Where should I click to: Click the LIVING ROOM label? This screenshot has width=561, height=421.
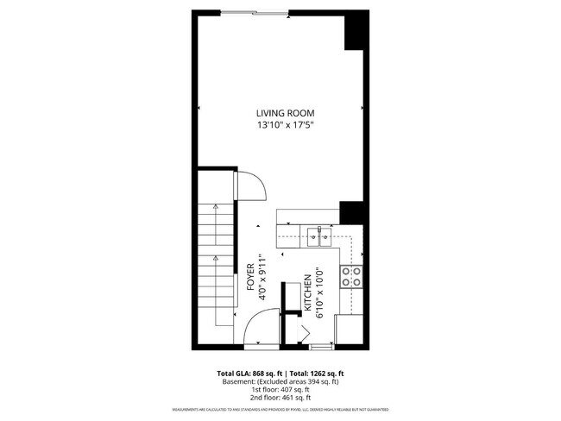284,113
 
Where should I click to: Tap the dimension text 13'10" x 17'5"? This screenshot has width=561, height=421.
284,125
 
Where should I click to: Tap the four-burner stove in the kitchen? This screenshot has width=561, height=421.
351,276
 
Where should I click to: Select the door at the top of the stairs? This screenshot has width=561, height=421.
248,186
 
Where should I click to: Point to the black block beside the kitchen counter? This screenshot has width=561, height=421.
351,212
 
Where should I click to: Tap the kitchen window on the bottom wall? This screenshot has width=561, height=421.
321,347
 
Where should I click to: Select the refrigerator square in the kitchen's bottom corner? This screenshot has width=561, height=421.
349,330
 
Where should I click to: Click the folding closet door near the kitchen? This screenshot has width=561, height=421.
304,332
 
